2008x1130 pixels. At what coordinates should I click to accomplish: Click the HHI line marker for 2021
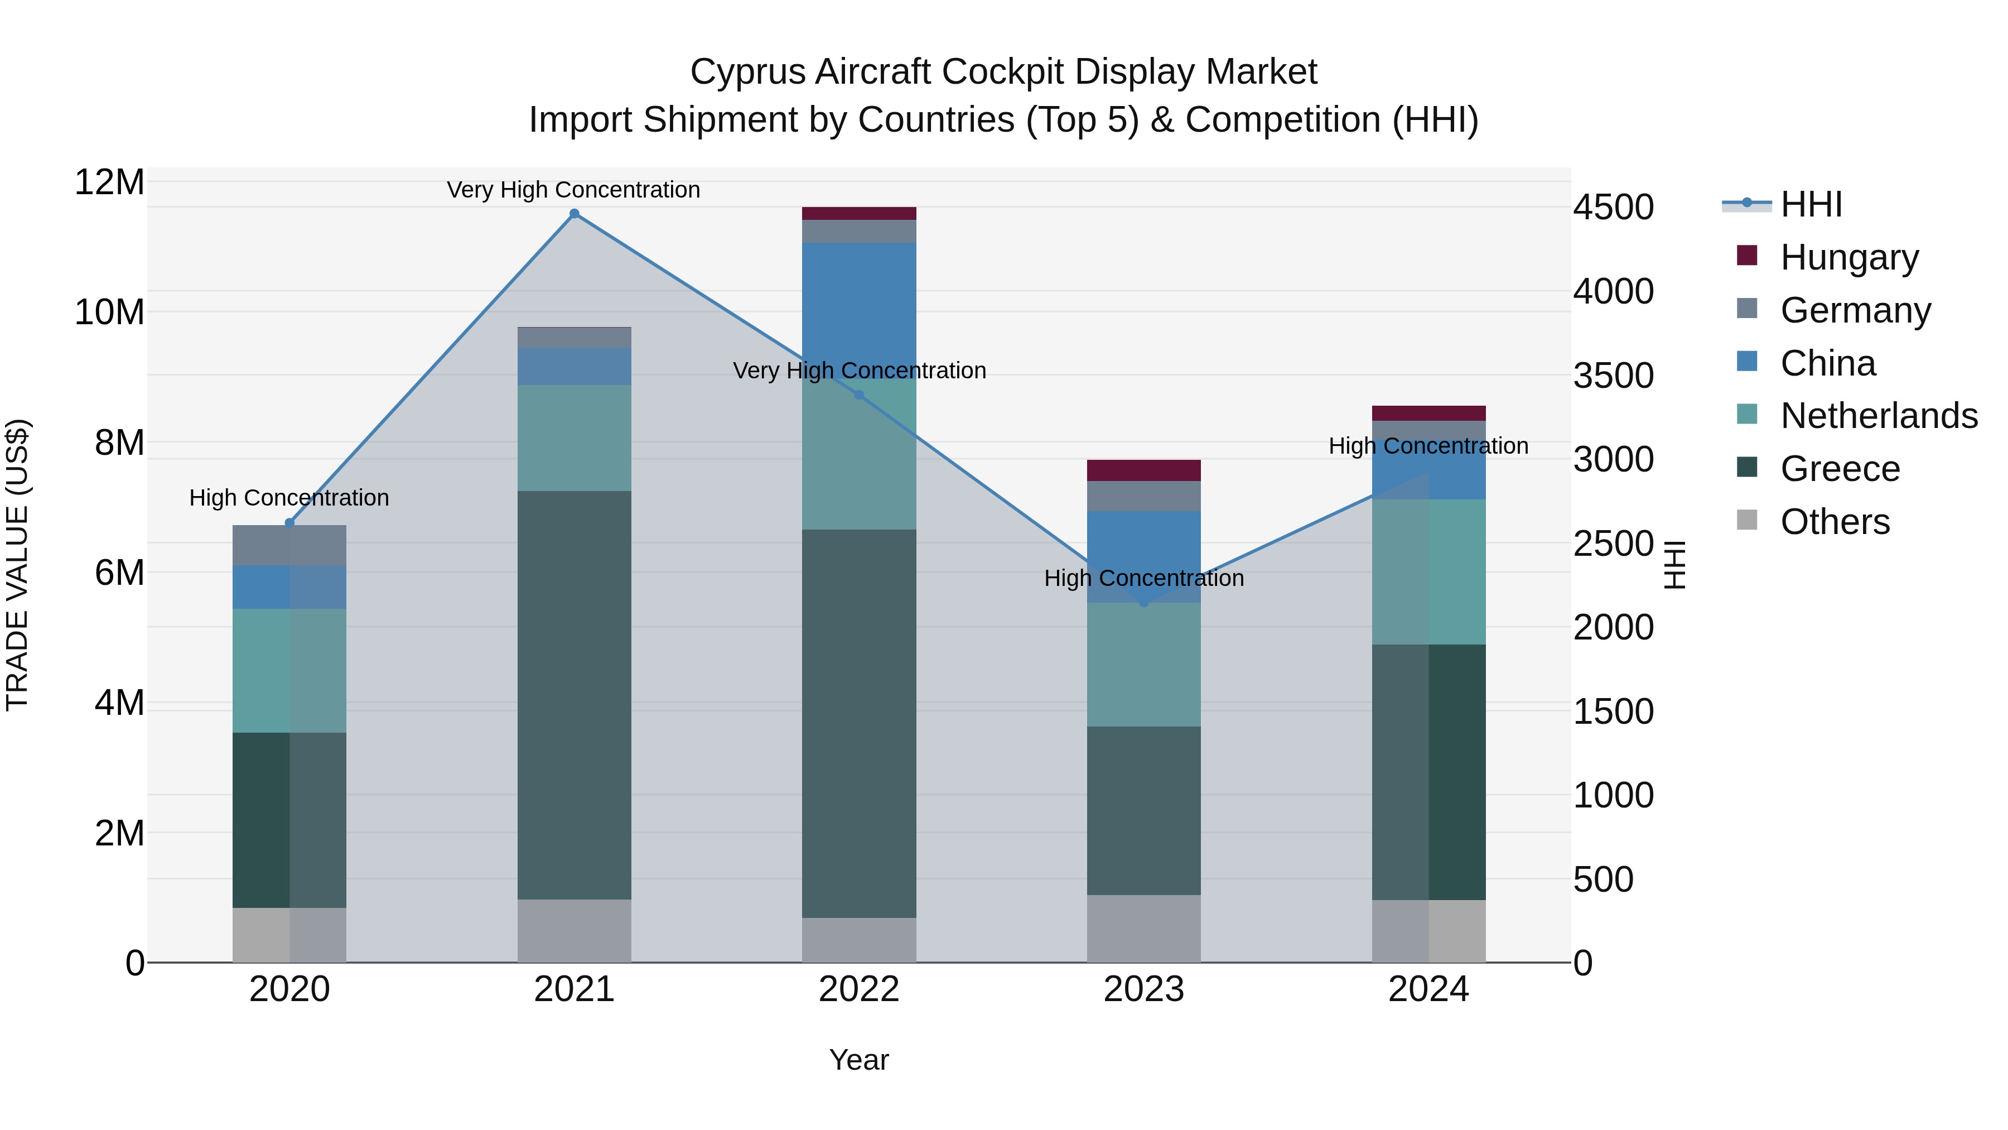tap(574, 214)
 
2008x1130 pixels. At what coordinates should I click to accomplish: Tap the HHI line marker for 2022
tap(859, 395)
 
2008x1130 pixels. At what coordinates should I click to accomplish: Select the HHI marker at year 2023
tap(1143, 602)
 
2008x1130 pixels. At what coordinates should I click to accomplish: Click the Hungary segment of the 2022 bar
tap(859, 213)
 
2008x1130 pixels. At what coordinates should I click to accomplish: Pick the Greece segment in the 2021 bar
tap(574, 694)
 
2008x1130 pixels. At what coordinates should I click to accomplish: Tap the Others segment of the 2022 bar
tap(859, 940)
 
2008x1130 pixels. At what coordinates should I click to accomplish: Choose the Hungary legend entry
tap(1849, 257)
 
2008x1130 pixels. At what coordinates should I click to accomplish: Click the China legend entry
tap(1827, 363)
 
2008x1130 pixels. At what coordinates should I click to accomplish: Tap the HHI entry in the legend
tap(1811, 204)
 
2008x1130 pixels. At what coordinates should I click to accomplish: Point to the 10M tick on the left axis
tap(109, 312)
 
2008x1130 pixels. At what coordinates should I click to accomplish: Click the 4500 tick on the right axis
tap(1613, 208)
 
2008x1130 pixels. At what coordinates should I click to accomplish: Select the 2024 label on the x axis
tap(1428, 989)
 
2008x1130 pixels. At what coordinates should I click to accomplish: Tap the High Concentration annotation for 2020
tap(288, 498)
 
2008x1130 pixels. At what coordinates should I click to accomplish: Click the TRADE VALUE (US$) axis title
tap(17, 565)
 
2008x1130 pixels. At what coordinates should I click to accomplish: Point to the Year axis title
tap(858, 1060)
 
